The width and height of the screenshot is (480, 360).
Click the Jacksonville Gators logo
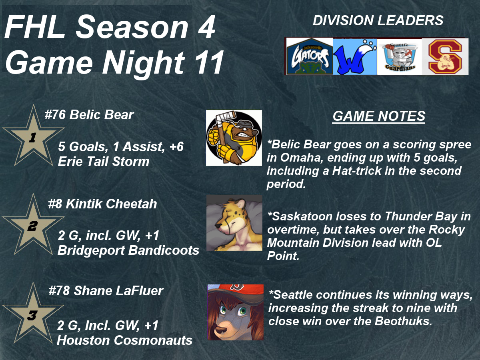click(x=310, y=56)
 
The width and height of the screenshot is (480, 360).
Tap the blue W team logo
click(x=355, y=57)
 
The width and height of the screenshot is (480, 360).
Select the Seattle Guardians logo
click(x=399, y=57)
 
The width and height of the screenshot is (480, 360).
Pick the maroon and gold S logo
click(x=445, y=57)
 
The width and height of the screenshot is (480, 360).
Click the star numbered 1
click(x=33, y=137)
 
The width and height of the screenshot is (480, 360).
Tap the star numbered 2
click(x=33, y=226)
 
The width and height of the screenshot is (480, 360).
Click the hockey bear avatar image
click(x=234, y=138)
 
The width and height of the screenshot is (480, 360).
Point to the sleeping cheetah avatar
click(x=234, y=223)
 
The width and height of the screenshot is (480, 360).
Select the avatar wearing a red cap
click(x=236, y=312)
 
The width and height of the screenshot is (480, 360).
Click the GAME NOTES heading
click(x=379, y=116)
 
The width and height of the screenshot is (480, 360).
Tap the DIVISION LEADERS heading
click(x=378, y=20)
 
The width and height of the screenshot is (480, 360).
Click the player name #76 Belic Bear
click(x=89, y=114)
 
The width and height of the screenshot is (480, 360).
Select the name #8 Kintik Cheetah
click(x=102, y=204)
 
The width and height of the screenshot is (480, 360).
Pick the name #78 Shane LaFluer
click(x=106, y=291)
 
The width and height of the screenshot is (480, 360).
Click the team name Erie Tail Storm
click(x=104, y=161)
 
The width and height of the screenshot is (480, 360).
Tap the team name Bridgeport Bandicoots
click(x=128, y=250)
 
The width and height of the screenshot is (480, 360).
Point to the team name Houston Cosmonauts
click(x=125, y=340)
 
